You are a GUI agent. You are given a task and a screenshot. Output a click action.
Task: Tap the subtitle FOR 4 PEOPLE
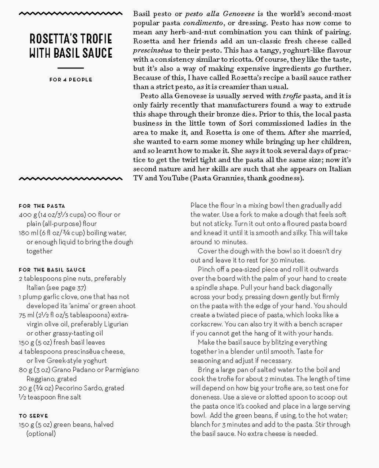pos(71,80)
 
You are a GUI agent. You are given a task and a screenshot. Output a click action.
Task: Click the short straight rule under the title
pos(71,68)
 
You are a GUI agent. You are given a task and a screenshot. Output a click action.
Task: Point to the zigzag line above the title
pos(71,14)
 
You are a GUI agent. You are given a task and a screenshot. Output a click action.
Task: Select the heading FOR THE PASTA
pos(42,206)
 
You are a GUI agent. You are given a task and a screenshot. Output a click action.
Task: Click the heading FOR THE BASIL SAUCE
pos(52,270)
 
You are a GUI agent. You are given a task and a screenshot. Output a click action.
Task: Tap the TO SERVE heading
pos(33,416)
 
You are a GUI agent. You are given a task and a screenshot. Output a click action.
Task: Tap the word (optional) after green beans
pos(41,433)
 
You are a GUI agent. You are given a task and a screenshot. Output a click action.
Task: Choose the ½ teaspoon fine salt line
pos(50,397)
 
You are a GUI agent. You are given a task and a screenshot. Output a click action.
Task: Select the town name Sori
pos(241,123)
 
